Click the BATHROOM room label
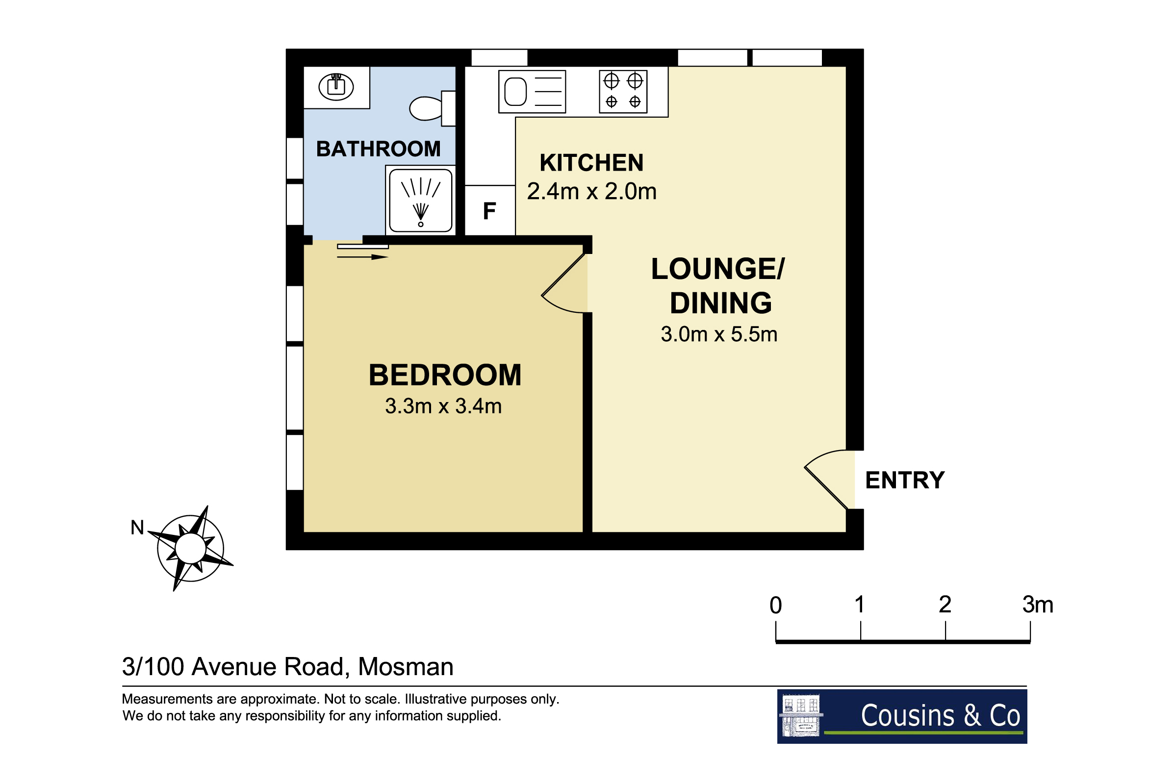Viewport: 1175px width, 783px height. pos(378,149)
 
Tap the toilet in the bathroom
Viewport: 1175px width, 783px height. pos(432,108)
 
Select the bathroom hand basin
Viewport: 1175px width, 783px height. pos(336,86)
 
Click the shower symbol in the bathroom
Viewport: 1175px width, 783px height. pos(420,200)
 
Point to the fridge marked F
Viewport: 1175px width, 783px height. pos(489,211)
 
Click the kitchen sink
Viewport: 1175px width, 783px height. pos(532,91)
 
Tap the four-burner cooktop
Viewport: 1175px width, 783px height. pos(623,91)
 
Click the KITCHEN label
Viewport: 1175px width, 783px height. pos(591,163)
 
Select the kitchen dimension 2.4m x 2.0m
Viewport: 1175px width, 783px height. pos(591,191)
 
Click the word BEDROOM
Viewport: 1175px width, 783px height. pos(444,375)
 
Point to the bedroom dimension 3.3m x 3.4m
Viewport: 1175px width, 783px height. pos(443,406)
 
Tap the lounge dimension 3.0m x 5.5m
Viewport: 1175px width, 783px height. pos(718,334)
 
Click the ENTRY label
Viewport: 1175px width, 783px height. pos(904,480)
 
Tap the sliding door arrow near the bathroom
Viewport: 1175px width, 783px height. pos(362,257)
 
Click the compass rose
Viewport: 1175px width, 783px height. pos(190,548)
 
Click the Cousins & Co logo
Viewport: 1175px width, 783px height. pos(902,717)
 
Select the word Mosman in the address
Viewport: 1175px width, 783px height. pos(406,667)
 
